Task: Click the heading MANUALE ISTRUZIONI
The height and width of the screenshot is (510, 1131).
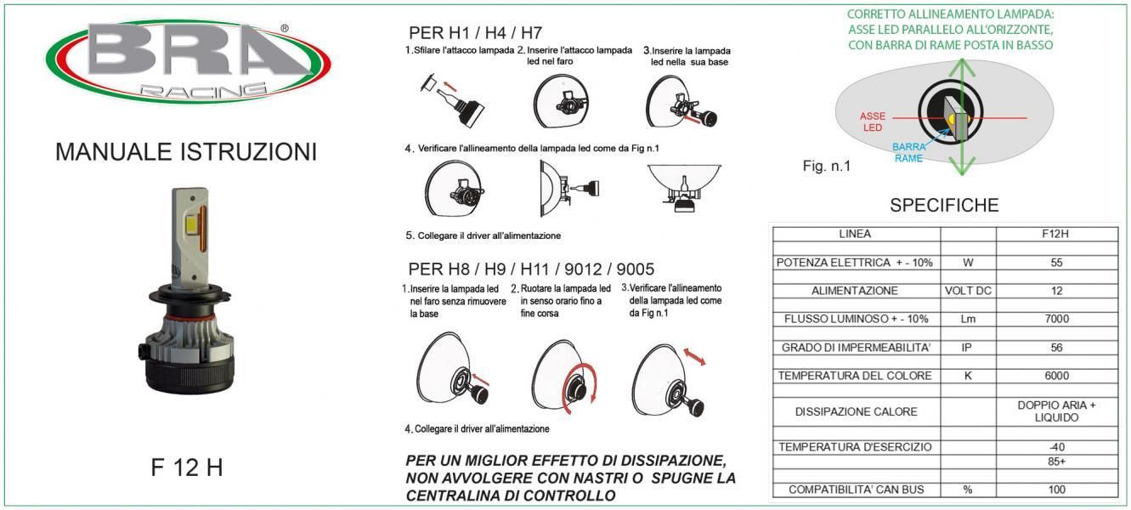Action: (186, 152)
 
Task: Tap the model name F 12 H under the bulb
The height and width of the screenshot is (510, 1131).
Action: (187, 467)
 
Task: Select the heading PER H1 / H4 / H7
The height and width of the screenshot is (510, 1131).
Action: (476, 33)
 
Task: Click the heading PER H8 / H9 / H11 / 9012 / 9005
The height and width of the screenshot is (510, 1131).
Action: (531, 269)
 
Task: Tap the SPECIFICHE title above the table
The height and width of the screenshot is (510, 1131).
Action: (944, 205)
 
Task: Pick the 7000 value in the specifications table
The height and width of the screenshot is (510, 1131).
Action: (1056, 319)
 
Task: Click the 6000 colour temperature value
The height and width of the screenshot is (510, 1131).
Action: (1056, 376)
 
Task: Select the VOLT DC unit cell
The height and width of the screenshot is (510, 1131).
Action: (968, 291)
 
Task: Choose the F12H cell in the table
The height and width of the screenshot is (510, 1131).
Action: (1056, 234)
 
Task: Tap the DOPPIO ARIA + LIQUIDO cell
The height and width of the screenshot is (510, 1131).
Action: (1056, 411)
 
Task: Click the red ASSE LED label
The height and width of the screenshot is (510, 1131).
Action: (873, 122)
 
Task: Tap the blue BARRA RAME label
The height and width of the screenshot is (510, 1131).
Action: (908, 152)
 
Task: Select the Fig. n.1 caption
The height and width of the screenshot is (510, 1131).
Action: (826, 167)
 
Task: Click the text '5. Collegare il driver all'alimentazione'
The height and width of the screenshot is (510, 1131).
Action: (484, 235)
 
